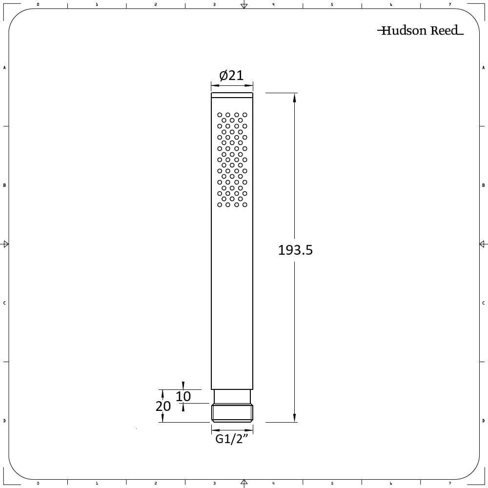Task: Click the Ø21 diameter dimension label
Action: [x=231, y=76]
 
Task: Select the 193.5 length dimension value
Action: [x=295, y=250]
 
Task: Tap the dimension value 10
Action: [x=183, y=396]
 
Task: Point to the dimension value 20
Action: [x=163, y=406]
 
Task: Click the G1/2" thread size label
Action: [x=232, y=439]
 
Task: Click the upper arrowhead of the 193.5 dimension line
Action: [x=294, y=98]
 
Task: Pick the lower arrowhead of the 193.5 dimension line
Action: [x=294, y=417]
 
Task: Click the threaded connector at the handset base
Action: [x=232, y=412]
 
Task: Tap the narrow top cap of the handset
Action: [x=232, y=95]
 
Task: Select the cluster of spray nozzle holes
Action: [x=232, y=160]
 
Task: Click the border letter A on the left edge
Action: [x=4, y=67]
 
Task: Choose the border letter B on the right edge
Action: [x=483, y=185]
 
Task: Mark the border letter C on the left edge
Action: [x=4, y=303]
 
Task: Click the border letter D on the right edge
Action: [x=483, y=421]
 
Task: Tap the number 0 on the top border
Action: [x=38, y=4]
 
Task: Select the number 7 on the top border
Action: [x=450, y=4]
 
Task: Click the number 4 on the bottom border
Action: [x=273, y=484]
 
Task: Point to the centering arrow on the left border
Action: [x=6, y=244]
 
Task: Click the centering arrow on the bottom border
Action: [x=244, y=483]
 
